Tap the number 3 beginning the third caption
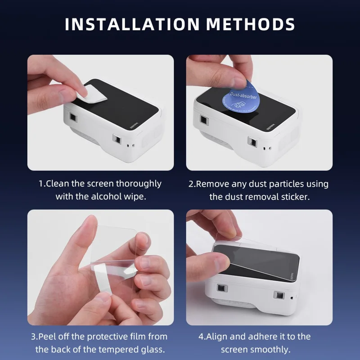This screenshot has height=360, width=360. click(x=33, y=336)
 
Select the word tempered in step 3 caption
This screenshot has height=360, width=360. click(x=125, y=349)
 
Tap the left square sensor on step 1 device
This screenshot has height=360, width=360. click(x=72, y=117)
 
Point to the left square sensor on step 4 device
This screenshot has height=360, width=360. click(x=221, y=288)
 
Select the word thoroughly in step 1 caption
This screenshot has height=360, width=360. click(x=139, y=184)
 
